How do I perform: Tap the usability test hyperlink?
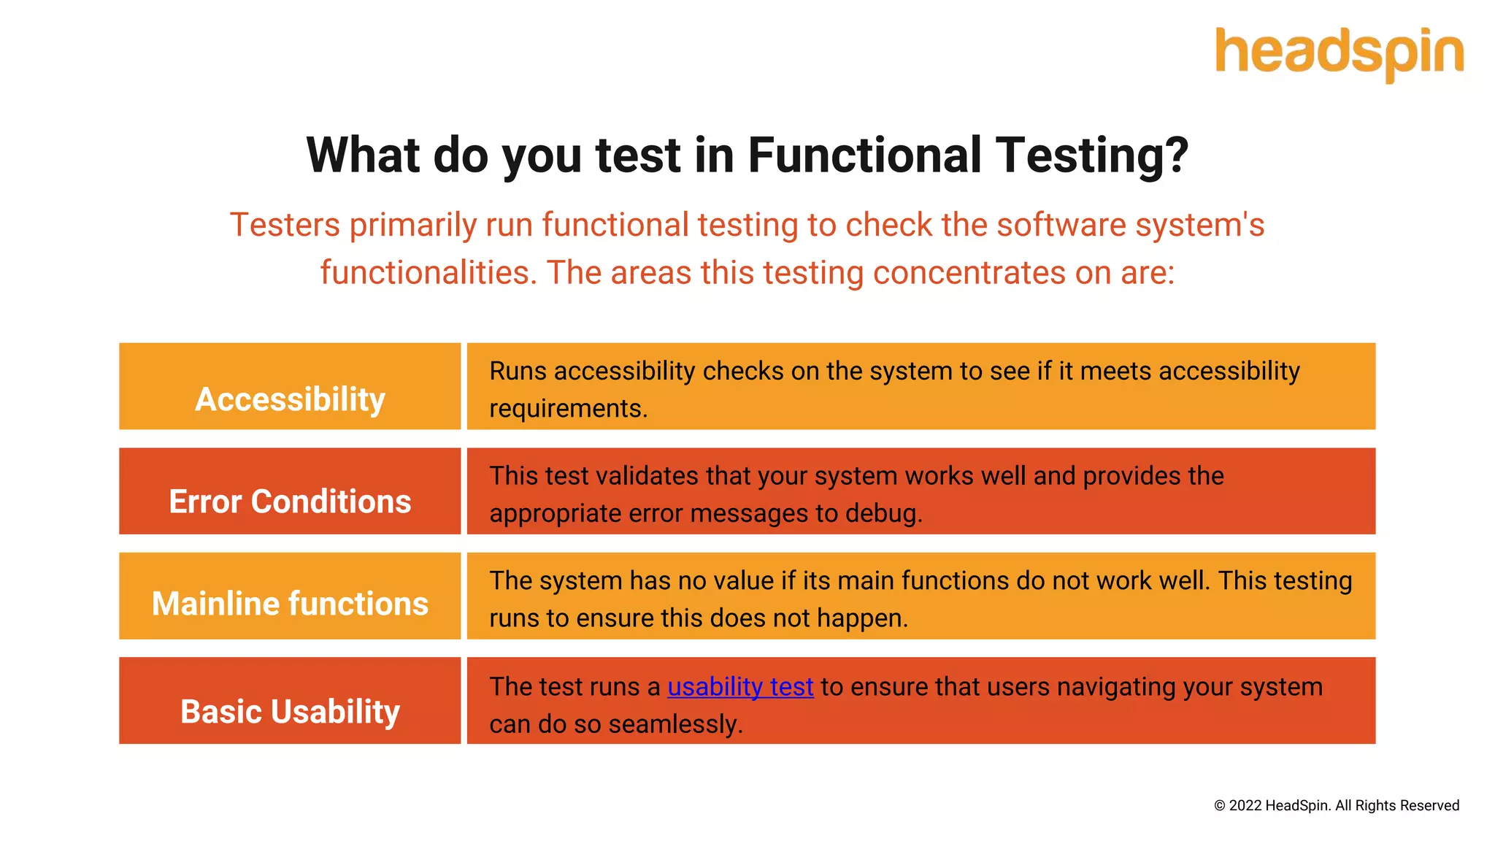point(740,687)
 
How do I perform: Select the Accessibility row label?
point(290,399)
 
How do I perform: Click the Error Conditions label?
point(290,502)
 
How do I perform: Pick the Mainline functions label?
point(290,604)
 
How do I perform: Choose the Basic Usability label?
point(290,712)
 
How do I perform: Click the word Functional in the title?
point(864,155)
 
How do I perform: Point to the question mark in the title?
point(1175,155)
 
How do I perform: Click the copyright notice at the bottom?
point(1336,805)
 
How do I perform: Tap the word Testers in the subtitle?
point(285,225)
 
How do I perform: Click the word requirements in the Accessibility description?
point(567,409)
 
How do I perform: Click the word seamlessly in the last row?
point(675,724)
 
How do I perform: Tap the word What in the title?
point(363,155)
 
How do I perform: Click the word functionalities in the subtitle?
point(428,273)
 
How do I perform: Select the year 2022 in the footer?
point(1245,805)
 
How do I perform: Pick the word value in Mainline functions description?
point(742,581)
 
